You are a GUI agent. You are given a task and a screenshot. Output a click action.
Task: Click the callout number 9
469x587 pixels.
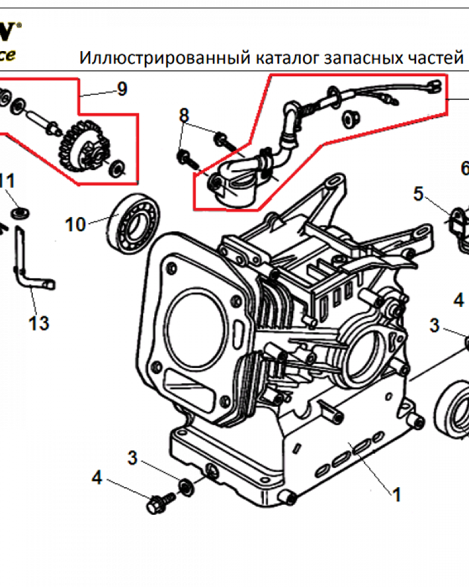[121, 89]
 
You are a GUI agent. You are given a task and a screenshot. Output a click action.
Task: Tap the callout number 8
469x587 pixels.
[184, 115]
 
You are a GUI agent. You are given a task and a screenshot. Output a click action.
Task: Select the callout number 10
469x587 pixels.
[76, 224]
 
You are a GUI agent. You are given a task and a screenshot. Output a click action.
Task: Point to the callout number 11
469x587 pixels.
[7, 181]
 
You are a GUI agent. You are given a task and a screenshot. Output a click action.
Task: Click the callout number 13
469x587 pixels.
[39, 323]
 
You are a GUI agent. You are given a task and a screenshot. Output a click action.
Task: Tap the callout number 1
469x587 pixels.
[396, 495]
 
